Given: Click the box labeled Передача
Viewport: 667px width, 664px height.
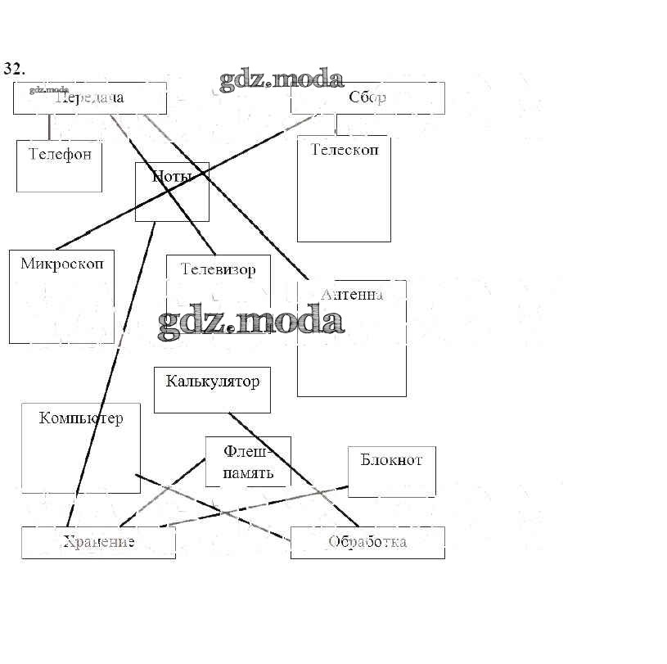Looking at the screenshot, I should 90,98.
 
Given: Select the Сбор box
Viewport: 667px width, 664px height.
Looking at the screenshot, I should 367,98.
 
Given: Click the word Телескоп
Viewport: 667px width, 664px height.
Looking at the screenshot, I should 344,150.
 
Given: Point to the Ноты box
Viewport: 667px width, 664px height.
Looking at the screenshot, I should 172,192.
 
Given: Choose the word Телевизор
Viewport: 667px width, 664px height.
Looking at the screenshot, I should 218,269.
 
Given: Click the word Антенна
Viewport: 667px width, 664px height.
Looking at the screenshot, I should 352,294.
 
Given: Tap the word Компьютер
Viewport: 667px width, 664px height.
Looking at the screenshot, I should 81,418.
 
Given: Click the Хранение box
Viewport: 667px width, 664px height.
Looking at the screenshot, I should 98,542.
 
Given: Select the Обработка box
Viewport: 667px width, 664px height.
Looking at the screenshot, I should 367,542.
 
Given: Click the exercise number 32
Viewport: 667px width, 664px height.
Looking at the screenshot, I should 13,68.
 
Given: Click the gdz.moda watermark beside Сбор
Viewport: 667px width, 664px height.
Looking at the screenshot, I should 281,79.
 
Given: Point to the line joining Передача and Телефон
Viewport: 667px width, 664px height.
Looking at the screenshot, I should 49,127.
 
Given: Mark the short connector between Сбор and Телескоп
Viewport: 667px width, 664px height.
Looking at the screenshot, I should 336,124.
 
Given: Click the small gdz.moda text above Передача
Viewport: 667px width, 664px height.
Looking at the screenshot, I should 48,89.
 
